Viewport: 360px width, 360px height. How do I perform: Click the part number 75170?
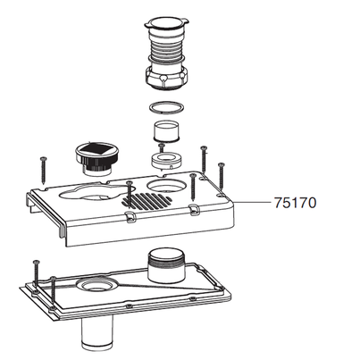click(295, 202)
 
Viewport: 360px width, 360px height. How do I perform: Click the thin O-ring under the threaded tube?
click(163, 107)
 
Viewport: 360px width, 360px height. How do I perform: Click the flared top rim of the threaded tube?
click(166, 21)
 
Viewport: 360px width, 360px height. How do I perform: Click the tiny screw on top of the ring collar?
click(162, 148)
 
